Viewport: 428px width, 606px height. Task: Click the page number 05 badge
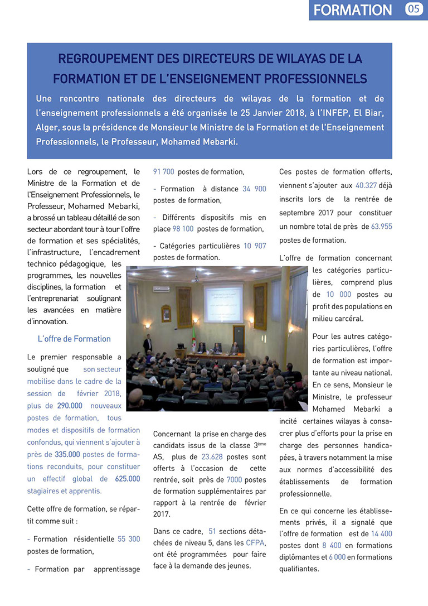point(415,9)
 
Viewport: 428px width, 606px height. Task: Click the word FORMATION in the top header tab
point(353,10)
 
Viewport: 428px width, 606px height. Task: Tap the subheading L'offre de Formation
point(74,339)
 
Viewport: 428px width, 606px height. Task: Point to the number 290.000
point(69,406)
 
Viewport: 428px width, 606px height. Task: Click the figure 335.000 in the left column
point(66,454)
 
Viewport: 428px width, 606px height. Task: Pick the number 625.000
point(128,479)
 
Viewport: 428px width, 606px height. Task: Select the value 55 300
point(129,539)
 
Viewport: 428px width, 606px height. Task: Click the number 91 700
point(164,172)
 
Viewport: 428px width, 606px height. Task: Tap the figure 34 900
point(254,189)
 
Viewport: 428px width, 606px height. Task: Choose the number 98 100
point(183,229)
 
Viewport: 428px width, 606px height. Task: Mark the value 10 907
point(255,246)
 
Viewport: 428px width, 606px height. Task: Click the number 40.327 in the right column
point(366,186)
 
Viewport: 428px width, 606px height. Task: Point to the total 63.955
point(382,226)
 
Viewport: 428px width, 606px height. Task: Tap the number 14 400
point(381,533)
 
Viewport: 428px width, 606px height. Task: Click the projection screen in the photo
point(222,303)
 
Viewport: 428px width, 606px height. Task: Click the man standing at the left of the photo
point(148,345)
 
